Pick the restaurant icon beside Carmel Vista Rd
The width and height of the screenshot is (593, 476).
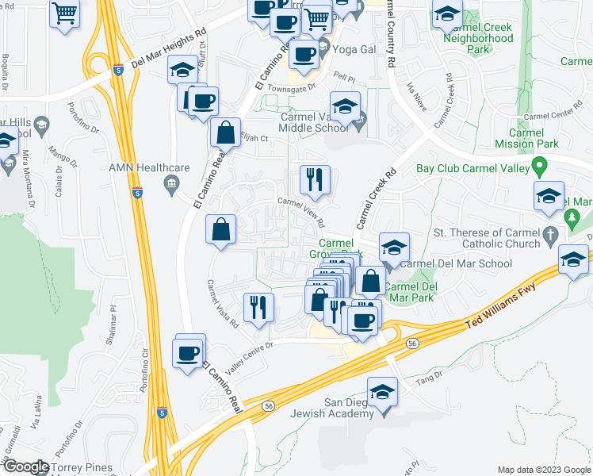(257, 306)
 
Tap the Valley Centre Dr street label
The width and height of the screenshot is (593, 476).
(249, 346)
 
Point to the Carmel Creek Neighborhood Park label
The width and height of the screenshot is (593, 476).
(478, 38)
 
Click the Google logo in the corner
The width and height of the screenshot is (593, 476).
(25, 466)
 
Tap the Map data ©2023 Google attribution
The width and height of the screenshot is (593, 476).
(543, 470)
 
